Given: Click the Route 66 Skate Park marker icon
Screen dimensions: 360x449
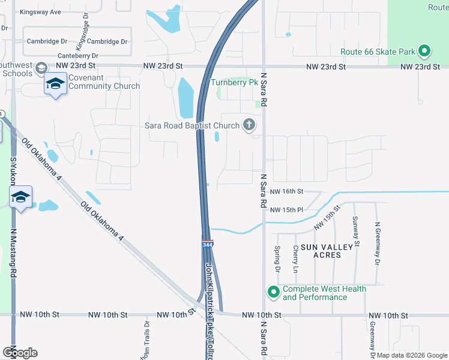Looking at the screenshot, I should point(424,52).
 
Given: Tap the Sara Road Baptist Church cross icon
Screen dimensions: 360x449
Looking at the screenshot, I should point(249,125).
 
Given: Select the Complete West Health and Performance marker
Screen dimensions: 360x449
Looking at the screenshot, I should point(273,292).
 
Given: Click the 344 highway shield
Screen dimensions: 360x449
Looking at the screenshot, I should point(207,245).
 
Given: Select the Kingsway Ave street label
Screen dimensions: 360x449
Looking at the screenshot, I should point(40,12).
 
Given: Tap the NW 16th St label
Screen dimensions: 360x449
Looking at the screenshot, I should point(288,191).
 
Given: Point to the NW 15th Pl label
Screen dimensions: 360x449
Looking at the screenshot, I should point(288,210).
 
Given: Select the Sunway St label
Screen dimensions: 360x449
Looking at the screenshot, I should point(356,232).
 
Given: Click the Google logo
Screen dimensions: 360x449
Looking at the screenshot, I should point(19,353).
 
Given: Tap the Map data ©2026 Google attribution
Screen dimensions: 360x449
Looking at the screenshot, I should point(412,355).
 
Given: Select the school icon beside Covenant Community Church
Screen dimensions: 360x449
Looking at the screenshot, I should point(55,85).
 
